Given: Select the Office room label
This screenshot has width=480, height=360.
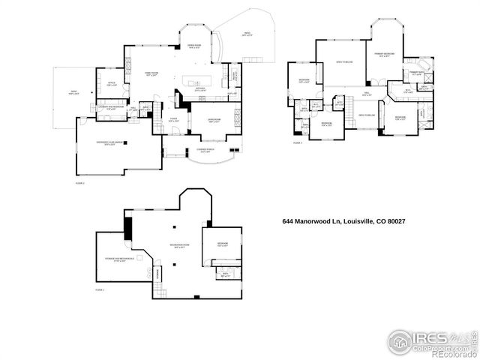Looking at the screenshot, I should tap(111, 84).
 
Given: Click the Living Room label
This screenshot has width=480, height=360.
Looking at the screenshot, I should tap(213, 120).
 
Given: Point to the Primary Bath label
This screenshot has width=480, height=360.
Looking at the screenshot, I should tap(415, 73).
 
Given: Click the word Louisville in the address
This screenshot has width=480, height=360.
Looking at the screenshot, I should tap(359, 221).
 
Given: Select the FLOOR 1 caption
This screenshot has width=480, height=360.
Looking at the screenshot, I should tap(100, 289).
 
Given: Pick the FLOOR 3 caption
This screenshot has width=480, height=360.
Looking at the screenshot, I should tap(297, 142).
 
